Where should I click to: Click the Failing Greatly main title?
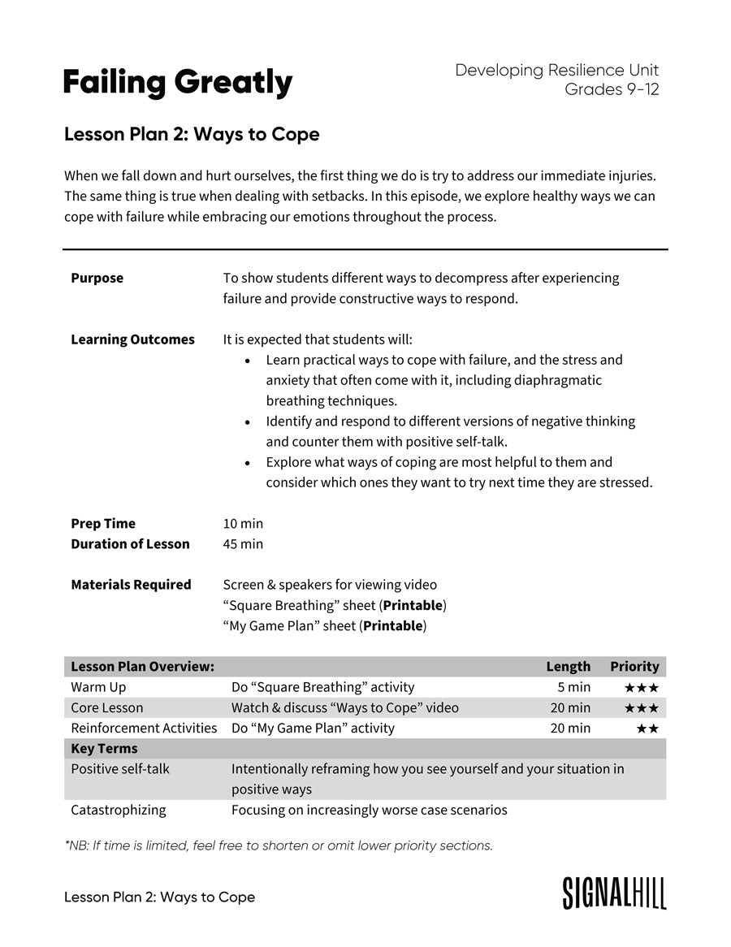tap(178, 83)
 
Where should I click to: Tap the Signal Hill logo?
tap(614, 893)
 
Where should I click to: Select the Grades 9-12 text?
tap(612, 89)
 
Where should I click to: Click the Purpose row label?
tap(97, 278)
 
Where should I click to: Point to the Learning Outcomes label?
tap(132, 339)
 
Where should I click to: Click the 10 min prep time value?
tap(243, 524)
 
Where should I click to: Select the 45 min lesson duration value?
tap(243, 544)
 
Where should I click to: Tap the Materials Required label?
tap(131, 585)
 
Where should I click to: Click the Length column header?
tap(568, 667)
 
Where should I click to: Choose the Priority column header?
tap(634, 667)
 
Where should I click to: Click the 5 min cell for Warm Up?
tap(573, 687)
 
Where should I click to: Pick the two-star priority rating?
tap(647, 729)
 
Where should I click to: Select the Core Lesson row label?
tap(107, 708)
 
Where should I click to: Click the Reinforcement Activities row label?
tap(144, 729)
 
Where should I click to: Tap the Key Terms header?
tap(104, 749)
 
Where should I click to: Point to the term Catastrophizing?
tap(119, 810)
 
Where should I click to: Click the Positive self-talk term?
tap(120, 768)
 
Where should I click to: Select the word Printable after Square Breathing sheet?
tap(413, 606)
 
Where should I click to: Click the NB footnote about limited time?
tap(279, 845)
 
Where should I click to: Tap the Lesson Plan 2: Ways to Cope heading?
tap(192, 134)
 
